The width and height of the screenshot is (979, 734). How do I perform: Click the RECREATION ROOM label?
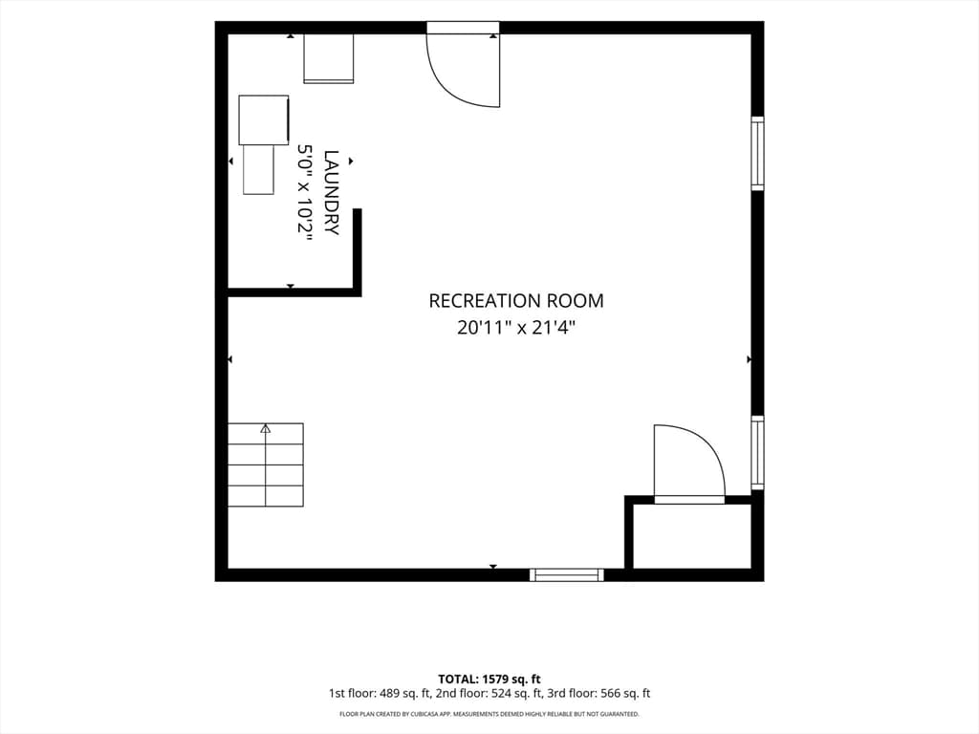pyautogui.click(x=515, y=301)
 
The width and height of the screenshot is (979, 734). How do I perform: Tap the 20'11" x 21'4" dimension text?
pyautogui.click(x=515, y=327)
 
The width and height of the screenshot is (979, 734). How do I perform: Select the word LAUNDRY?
pyautogui.click(x=332, y=192)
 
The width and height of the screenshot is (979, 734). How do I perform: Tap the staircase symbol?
pyautogui.click(x=266, y=465)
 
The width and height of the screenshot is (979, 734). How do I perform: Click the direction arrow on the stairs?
pyautogui.click(x=266, y=464)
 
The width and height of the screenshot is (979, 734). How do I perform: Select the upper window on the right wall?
pyautogui.click(x=757, y=153)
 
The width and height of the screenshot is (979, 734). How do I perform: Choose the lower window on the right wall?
pyautogui.click(x=757, y=452)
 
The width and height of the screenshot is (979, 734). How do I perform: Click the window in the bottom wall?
pyautogui.click(x=567, y=574)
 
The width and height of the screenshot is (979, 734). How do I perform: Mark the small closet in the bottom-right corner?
pyautogui.click(x=692, y=536)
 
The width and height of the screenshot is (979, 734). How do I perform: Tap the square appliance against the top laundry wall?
pyautogui.click(x=329, y=58)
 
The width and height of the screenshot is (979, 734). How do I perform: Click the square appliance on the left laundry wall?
pyautogui.click(x=264, y=119)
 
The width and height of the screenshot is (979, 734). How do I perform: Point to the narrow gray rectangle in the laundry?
pyautogui.click(x=258, y=170)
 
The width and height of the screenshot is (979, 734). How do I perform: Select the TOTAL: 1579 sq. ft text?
pyautogui.click(x=489, y=680)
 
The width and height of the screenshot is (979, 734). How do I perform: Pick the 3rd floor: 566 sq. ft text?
pyautogui.click(x=598, y=694)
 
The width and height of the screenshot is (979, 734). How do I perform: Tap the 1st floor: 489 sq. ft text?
pyautogui.click(x=380, y=694)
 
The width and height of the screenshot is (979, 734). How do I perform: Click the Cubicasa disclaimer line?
pyautogui.click(x=489, y=714)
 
